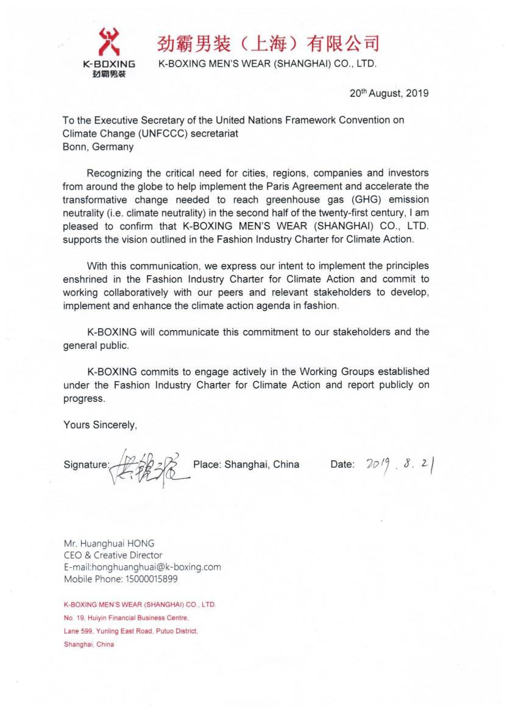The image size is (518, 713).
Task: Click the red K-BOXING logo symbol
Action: point(109,41)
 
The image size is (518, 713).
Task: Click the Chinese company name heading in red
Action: point(268,44)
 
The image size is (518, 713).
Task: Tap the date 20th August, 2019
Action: point(389,94)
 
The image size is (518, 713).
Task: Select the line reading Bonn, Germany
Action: point(98,147)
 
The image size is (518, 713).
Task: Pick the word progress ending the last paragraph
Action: point(84,399)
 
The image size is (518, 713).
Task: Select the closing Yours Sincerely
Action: point(100,425)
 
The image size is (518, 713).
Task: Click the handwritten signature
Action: point(149,465)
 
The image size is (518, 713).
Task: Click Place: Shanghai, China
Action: point(246,464)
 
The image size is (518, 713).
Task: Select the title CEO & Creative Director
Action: point(113,555)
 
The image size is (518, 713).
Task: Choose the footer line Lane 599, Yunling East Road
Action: point(130,631)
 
